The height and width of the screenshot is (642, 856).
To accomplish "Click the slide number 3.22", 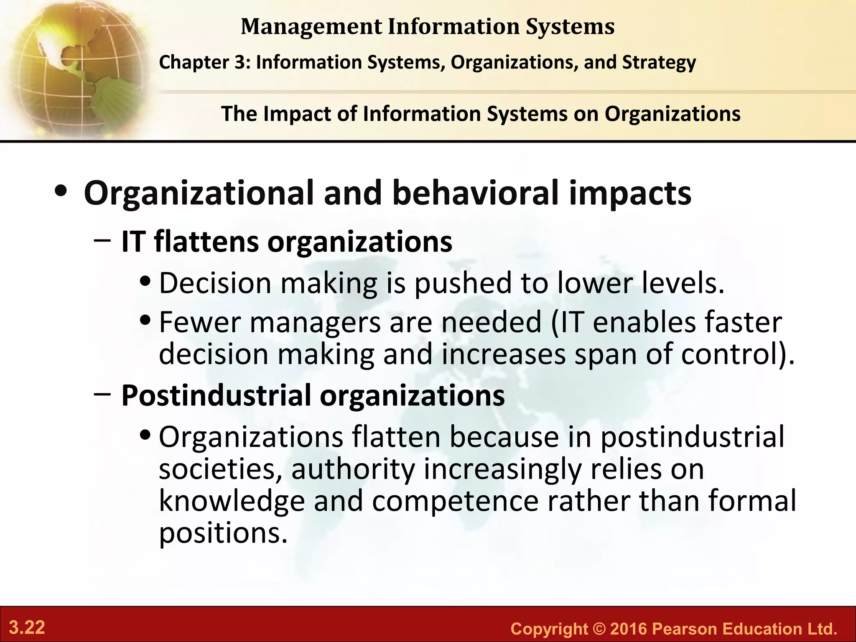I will click(27, 628).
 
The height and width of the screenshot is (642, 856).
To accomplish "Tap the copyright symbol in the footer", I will click(596, 629).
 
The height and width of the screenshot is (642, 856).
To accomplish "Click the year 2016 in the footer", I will click(628, 629).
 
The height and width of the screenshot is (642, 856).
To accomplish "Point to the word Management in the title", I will click(311, 27).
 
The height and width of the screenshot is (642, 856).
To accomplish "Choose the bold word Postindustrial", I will click(216, 395).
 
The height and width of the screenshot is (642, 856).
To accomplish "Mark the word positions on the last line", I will click(223, 534).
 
